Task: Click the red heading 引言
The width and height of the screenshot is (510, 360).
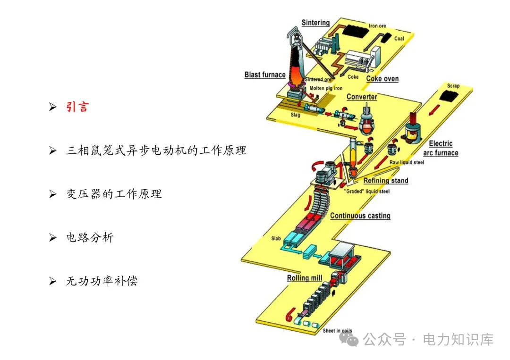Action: tap(77, 107)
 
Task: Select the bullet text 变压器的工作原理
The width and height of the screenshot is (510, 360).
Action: tap(114, 194)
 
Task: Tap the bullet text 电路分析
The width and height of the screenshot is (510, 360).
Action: tap(90, 238)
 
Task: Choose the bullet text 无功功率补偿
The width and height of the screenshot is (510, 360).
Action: tap(102, 281)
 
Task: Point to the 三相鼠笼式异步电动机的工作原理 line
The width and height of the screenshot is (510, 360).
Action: tap(156, 151)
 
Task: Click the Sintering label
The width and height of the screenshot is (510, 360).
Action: tap(315, 23)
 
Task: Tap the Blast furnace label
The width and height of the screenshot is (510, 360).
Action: tap(265, 75)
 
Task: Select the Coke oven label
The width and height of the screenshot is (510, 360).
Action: tap(382, 79)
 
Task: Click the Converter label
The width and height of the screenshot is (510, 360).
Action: tap(362, 97)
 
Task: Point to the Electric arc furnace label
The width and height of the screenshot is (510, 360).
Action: tap(441, 148)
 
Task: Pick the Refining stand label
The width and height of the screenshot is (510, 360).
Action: tap(386, 180)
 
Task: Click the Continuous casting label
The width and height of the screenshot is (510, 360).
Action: tap(360, 216)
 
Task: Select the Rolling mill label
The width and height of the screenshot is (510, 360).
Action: tap(305, 278)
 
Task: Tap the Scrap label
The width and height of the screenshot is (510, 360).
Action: tap(453, 86)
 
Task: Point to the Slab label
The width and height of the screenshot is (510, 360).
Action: tap(276, 239)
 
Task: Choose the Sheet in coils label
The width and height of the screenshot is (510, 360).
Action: tap(337, 331)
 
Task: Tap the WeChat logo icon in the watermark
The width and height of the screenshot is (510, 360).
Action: tap(352, 340)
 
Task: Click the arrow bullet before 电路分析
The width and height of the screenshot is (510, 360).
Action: tap(53, 238)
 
